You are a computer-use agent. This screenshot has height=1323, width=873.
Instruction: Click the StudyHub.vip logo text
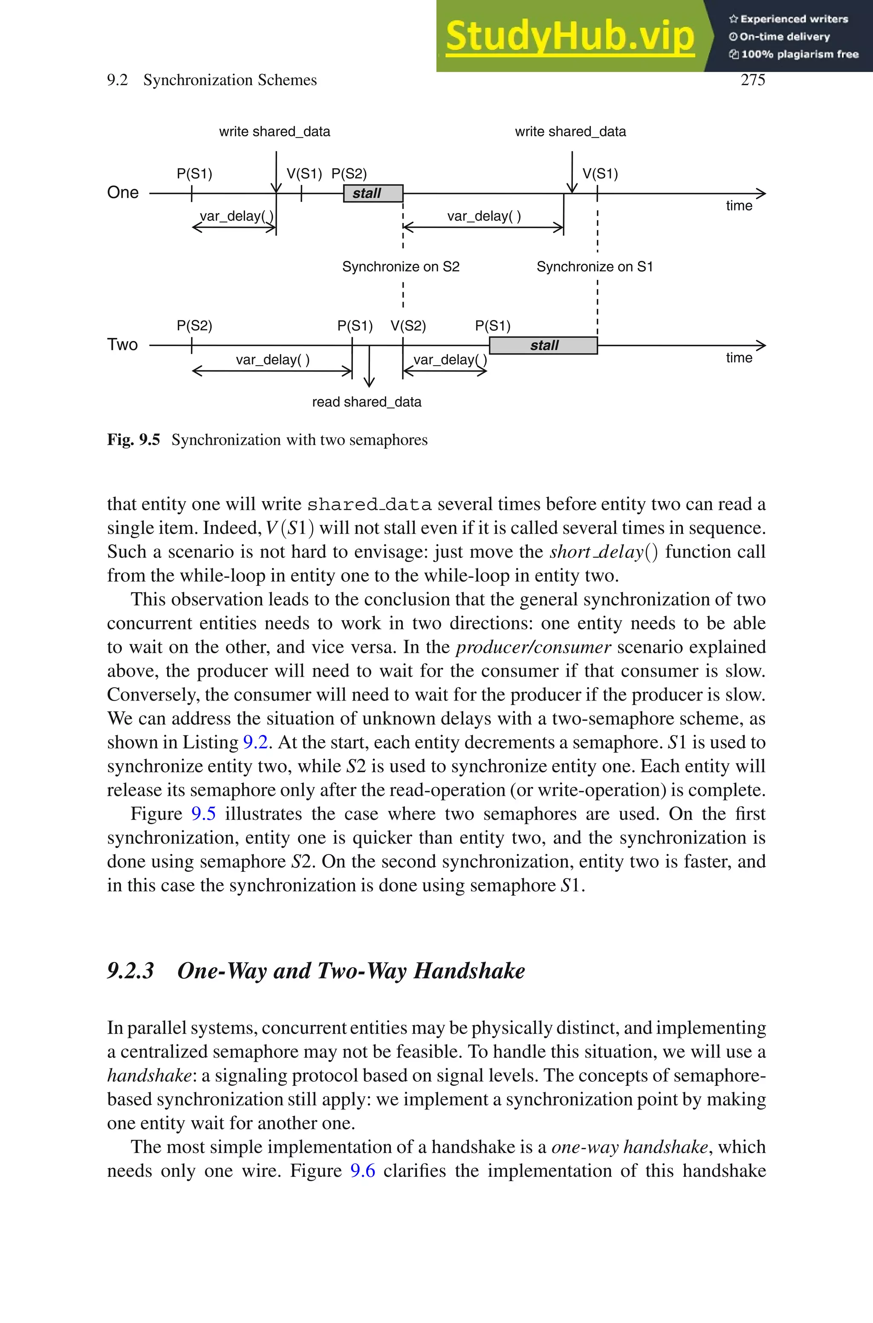(x=569, y=36)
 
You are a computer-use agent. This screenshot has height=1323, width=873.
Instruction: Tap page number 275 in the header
(x=753, y=80)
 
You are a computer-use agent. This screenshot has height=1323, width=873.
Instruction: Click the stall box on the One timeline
(x=373, y=193)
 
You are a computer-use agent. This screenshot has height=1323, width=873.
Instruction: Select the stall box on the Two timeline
(x=543, y=346)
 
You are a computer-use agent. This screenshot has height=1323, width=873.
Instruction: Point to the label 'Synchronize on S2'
(x=401, y=267)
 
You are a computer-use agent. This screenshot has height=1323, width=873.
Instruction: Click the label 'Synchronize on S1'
(x=595, y=267)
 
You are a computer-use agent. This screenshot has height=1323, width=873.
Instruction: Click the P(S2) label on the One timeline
(x=349, y=174)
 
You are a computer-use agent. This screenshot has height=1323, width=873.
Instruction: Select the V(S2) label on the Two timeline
(x=408, y=326)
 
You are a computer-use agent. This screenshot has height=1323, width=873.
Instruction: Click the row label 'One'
(x=122, y=193)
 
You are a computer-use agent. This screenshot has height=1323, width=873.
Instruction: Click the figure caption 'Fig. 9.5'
(x=133, y=440)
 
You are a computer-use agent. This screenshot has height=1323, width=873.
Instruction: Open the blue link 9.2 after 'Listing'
(x=256, y=743)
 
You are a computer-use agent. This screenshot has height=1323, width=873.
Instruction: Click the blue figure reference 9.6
(x=362, y=1171)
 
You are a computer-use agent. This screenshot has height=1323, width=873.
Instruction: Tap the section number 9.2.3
(x=130, y=971)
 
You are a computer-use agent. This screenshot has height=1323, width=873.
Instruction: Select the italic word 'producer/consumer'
(x=533, y=648)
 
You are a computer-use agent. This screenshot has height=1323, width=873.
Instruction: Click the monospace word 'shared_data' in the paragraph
(x=369, y=504)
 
